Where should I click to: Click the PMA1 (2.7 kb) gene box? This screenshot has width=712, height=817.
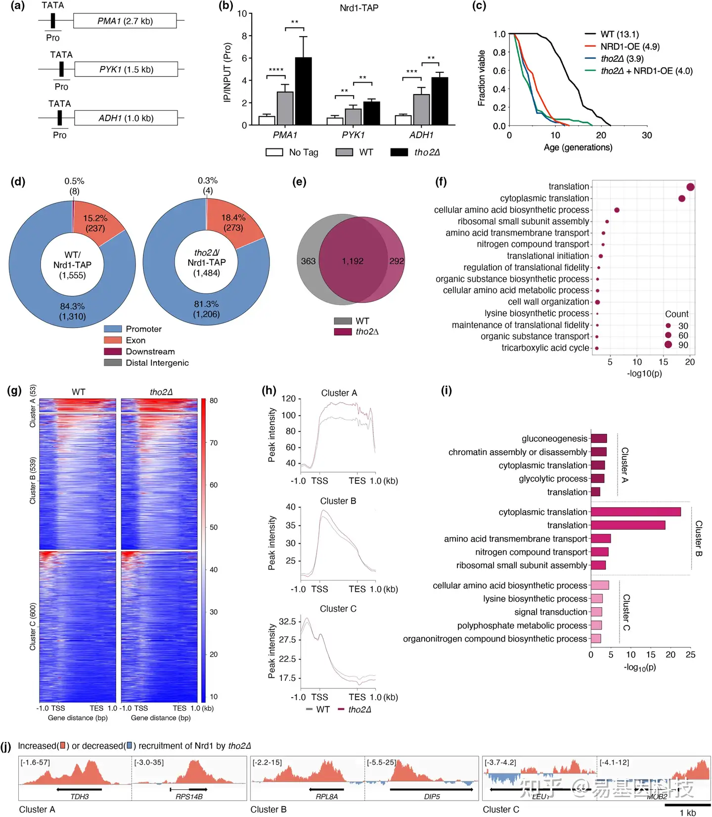(x=125, y=21)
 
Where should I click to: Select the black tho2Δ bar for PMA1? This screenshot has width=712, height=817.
(x=303, y=91)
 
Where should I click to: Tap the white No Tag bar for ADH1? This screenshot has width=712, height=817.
(x=403, y=120)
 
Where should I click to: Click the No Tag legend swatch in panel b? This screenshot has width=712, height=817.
(x=274, y=152)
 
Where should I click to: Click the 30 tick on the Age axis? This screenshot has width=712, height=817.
(x=647, y=135)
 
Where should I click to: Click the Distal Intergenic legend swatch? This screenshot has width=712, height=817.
(x=113, y=363)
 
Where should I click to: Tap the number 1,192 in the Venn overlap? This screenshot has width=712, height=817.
(x=353, y=261)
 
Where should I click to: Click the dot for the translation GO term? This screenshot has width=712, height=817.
(x=690, y=187)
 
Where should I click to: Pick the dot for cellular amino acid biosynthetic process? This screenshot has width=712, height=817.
(x=617, y=210)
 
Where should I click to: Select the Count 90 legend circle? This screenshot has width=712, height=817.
(x=668, y=344)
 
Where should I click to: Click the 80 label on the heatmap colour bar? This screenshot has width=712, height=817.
(x=214, y=400)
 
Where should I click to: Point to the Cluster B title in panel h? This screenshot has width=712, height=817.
(x=338, y=501)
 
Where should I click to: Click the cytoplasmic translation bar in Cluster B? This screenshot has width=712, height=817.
(x=635, y=512)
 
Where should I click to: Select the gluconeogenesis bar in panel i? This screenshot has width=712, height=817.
(x=599, y=438)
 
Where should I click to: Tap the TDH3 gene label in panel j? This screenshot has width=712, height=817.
(x=80, y=797)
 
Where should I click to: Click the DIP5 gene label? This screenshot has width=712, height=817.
(x=432, y=797)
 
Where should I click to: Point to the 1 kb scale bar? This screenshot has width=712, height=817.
(x=687, y=805)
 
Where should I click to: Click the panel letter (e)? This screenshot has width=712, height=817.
(x=299, y=182)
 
